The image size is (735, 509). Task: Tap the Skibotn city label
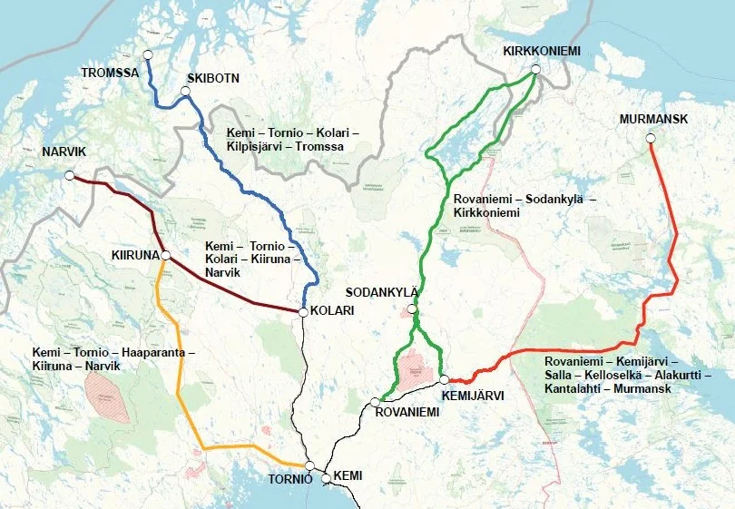tap(212, 79)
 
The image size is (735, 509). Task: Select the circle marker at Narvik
tap(69, 175)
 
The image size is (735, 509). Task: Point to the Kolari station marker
tap(302, 311)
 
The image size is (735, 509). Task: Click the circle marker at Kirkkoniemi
tap(535, 69)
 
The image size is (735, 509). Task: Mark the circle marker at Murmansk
tap(650, 138)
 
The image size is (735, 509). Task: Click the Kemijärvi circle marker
tap(444, 379)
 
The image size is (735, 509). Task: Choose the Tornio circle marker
tap(309, 465)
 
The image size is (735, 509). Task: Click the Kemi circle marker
tap(326, 477)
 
